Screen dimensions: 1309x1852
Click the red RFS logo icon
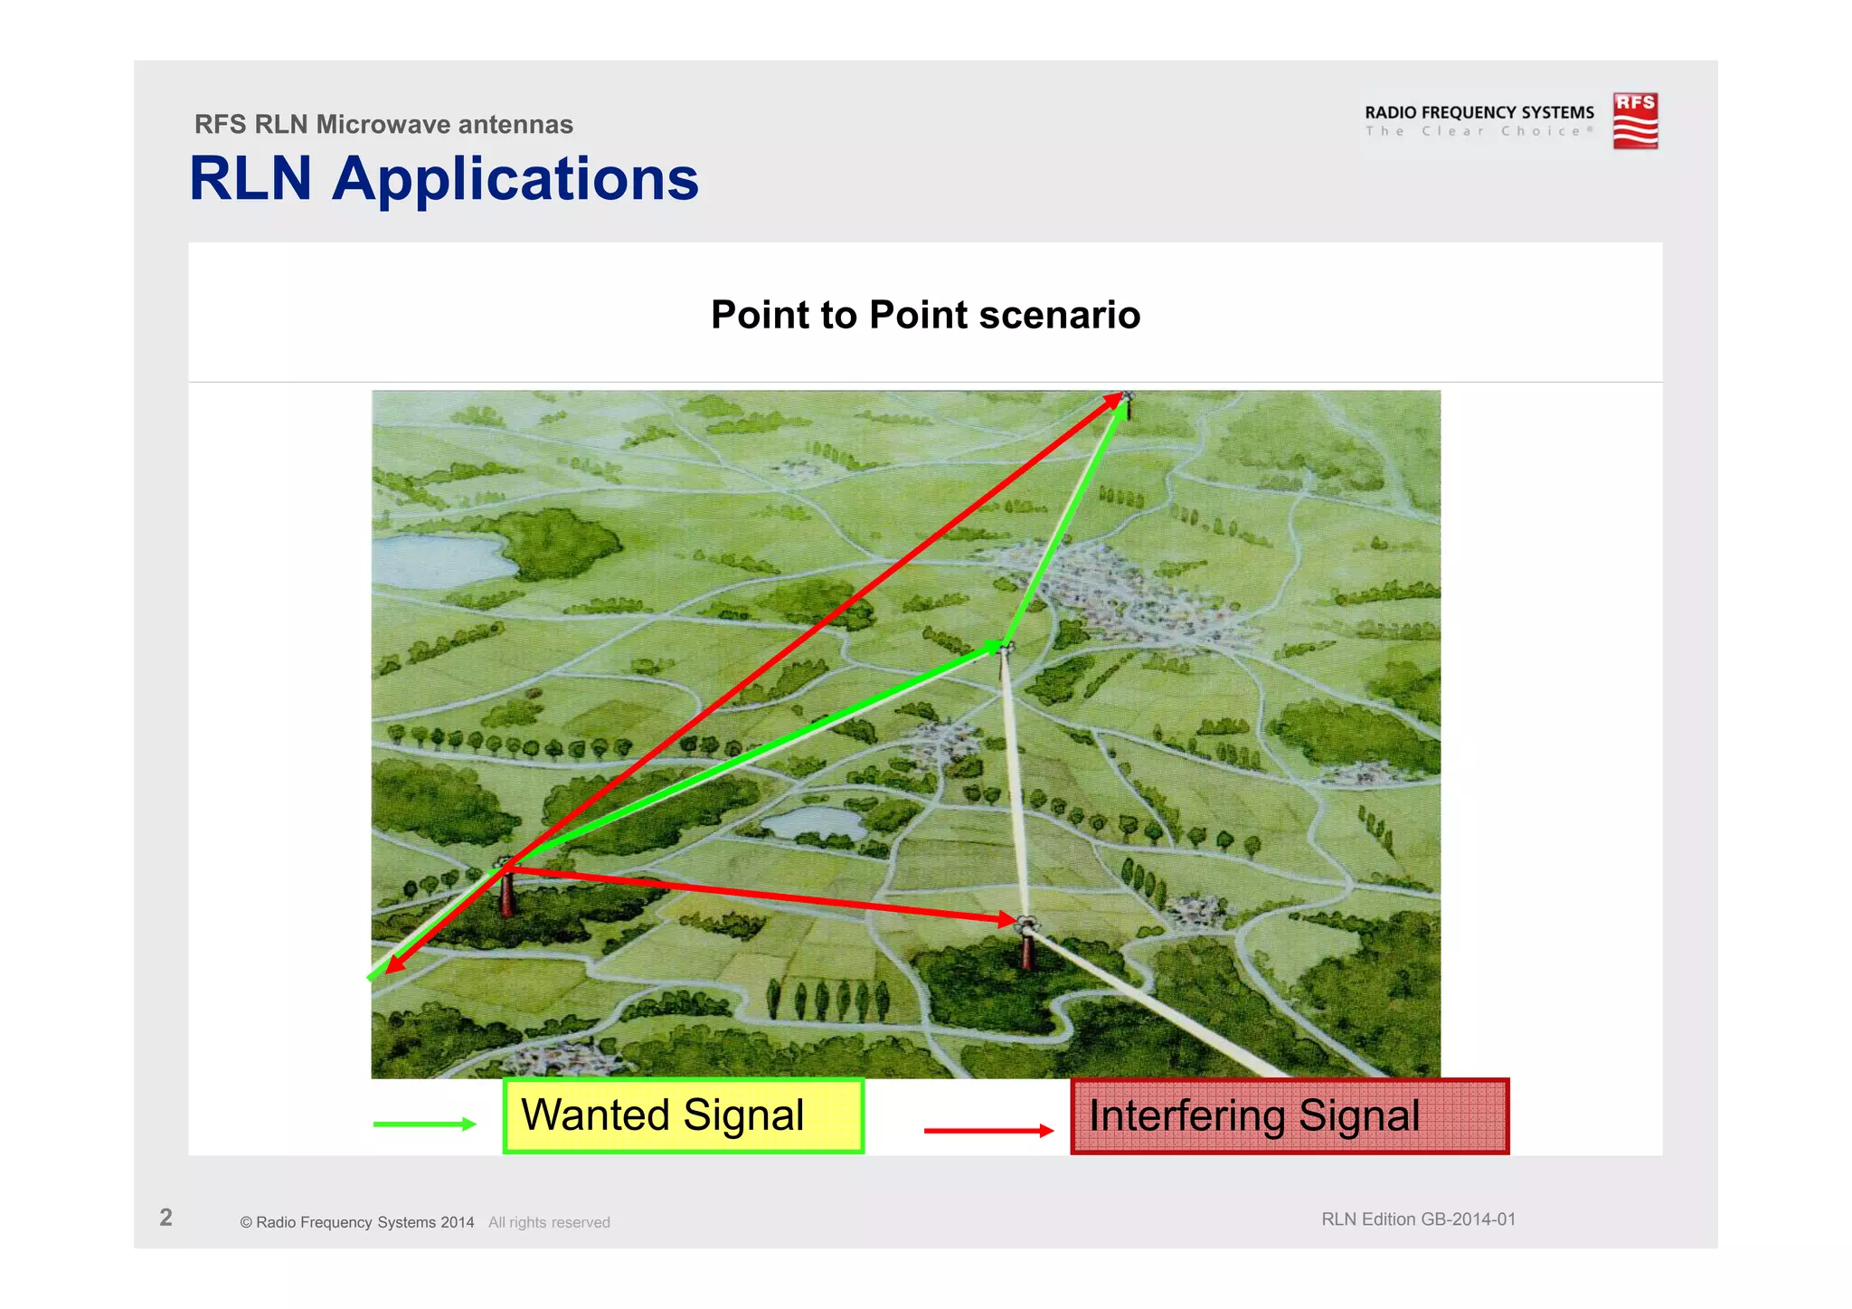(1635, 120)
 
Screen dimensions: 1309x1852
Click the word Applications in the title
(515, 179)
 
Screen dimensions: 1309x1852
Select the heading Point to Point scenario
(925, 315)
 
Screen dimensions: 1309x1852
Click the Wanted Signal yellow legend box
(683, 1115)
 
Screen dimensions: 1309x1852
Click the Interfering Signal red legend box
(1290, 1116)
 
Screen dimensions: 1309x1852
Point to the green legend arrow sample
(424, 1124)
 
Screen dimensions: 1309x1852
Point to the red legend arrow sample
(988, 1130)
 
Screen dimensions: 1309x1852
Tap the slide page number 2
(165, 1218)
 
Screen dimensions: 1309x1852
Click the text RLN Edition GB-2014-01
(1418, 1219)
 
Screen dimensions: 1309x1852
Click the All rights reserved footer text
(549, 1222)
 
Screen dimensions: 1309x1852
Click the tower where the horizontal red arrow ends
(1027, 945)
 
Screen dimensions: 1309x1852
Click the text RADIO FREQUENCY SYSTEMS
(1479, 112)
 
